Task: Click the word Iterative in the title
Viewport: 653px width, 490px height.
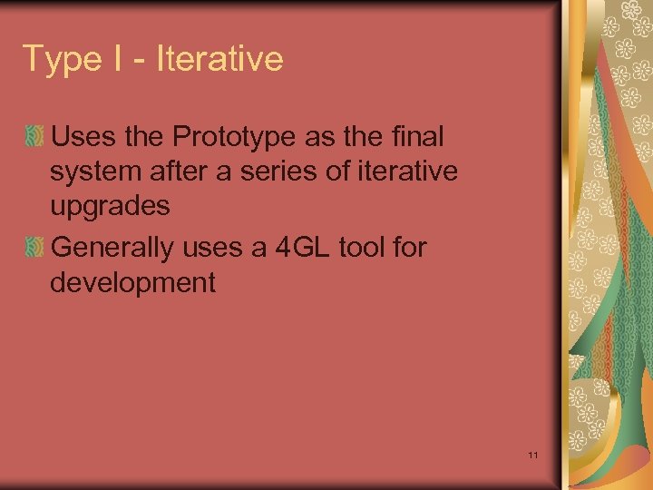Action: (219, 59)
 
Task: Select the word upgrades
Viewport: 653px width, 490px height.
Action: (110, 207)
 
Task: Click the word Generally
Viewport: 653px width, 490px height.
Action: (112, 247)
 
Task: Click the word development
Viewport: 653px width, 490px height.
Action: (132, 282)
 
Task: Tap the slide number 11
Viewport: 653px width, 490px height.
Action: (532, 454)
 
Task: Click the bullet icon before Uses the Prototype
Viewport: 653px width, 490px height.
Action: (34, 138)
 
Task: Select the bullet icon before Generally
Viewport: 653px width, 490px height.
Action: (34, 248)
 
